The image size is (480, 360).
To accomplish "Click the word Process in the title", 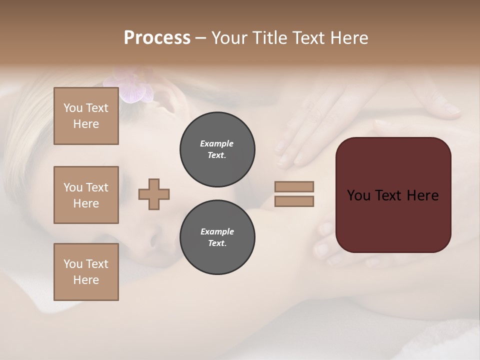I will (157, 38).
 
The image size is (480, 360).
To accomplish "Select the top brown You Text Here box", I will (86, 116).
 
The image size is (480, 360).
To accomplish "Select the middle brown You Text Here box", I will (86, 195).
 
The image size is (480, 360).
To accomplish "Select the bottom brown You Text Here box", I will (86, 272).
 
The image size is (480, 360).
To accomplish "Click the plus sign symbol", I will (154, 194).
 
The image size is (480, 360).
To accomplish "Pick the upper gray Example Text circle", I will (217, 149).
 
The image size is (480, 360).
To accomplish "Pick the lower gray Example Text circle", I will (217, 237).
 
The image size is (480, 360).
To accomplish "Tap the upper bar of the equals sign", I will (294, 187).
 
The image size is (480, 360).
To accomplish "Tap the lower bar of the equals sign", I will (294, 201).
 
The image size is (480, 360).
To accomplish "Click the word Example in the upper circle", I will (217, 143).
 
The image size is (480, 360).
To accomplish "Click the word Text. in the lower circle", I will (217, 243).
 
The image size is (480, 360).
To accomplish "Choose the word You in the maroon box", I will (358, 195).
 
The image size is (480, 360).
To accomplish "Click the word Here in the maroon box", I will (422, 195).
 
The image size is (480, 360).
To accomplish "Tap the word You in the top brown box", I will (73, 108).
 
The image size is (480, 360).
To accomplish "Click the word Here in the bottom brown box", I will (86, 280).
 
